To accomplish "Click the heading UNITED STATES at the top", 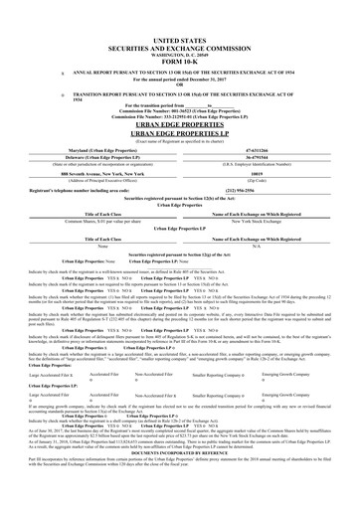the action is [x=180, y=33].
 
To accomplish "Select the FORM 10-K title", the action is [x=180, y=55].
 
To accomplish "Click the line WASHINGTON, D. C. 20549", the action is [x=180, y=47].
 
